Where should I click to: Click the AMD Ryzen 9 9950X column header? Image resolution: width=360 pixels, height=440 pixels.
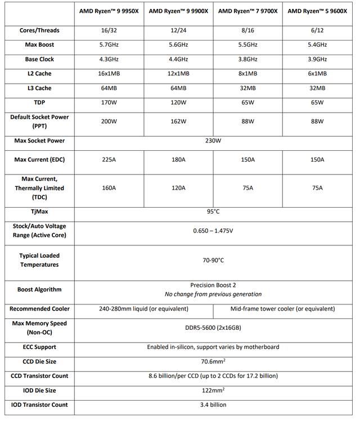point(109,11)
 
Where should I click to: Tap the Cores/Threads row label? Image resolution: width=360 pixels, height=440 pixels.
point(39,30)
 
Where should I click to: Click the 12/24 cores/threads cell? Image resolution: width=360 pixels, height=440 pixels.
point(178,30)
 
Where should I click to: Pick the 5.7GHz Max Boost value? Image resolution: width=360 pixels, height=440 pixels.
point(109,44)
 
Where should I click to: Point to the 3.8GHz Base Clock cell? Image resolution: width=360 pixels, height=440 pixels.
point(247,59)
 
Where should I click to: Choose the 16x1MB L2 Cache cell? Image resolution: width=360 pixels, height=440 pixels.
point(109,74)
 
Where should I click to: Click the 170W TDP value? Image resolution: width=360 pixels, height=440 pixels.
point(109,102)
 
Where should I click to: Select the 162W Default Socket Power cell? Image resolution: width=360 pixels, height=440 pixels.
point(178,121)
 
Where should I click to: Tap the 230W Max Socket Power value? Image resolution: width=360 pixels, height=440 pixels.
point(213,141)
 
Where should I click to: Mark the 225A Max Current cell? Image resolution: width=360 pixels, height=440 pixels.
point(109,160)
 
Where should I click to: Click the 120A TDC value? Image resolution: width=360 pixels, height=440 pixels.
point(178,188)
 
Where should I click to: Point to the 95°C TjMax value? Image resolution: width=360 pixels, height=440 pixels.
point(213,212)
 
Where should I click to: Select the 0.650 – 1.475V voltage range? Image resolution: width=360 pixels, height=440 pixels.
point(213,231)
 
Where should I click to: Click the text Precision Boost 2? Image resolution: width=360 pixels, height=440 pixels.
point(213,285)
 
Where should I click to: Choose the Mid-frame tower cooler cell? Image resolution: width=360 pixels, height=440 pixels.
point(282,308)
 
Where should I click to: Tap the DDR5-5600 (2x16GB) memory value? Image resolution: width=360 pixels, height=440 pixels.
point(213,328)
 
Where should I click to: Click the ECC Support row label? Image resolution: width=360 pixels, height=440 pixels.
point(39,347)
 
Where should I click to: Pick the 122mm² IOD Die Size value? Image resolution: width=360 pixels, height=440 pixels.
point(213,390)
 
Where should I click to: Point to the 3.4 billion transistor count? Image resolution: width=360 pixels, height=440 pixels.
point(213,405)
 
